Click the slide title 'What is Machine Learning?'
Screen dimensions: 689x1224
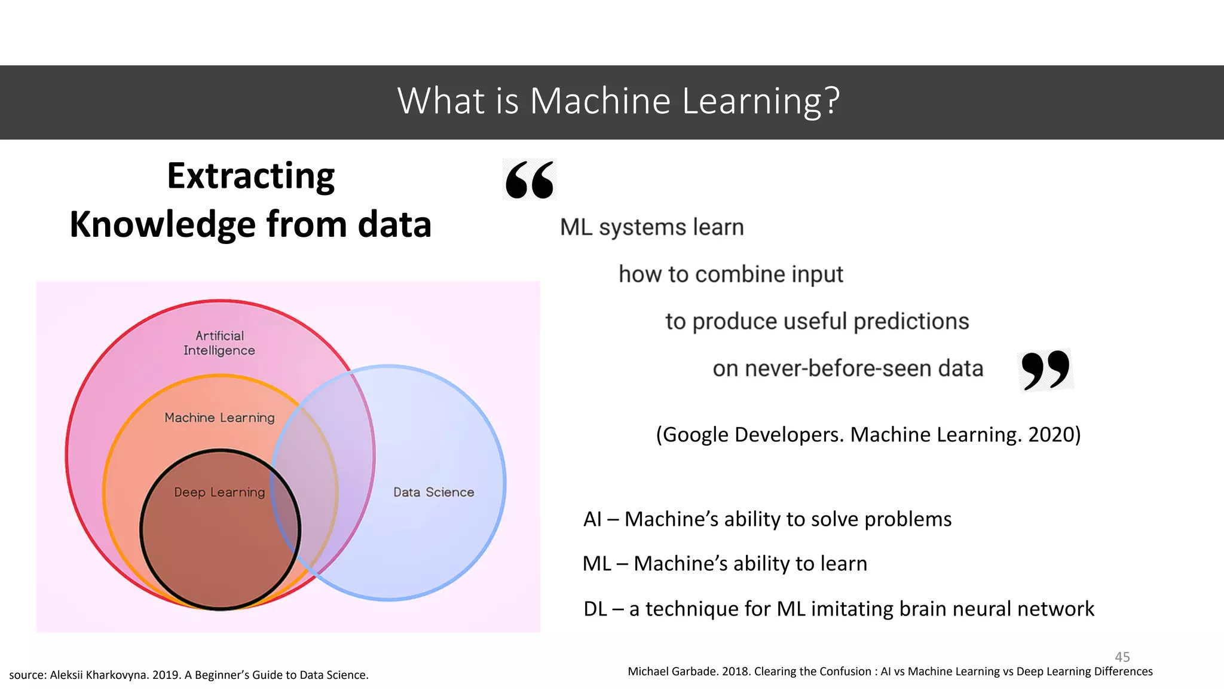(x=619, y=100)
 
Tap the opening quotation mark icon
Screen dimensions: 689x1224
(x=530, y=179)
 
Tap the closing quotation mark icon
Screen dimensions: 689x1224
(x=1045, y=370)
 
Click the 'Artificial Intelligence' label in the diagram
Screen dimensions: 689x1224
(x=219, y=343)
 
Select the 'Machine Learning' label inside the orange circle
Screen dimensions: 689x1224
(x=219, y=417)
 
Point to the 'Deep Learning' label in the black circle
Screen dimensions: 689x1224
(x=219, y=492)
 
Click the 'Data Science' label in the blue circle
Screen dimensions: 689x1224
(x=433, y=492)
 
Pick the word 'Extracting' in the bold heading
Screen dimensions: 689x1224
(x=250, y=176)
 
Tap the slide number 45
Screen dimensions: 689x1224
(x=1122, y=657)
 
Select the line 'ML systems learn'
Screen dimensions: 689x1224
(x=651, y=227)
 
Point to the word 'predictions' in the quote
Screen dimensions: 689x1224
(x=911, y=321)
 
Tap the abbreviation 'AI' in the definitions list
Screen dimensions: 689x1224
(x=592, y=519)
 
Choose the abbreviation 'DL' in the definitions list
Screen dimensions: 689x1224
(x=595, y=609)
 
